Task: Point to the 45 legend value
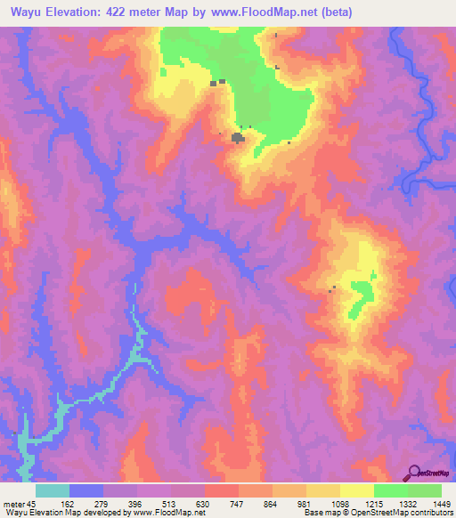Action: coord(32,504)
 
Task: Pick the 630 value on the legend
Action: coord(204,504)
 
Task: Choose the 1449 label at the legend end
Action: coord(441,504)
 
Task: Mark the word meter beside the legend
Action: coord(13,504)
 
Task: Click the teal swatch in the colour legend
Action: coord(53,490)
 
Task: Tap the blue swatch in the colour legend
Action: coord(86,490)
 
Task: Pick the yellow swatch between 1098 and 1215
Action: coord(357,490)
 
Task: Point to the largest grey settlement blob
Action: coord(239,138)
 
